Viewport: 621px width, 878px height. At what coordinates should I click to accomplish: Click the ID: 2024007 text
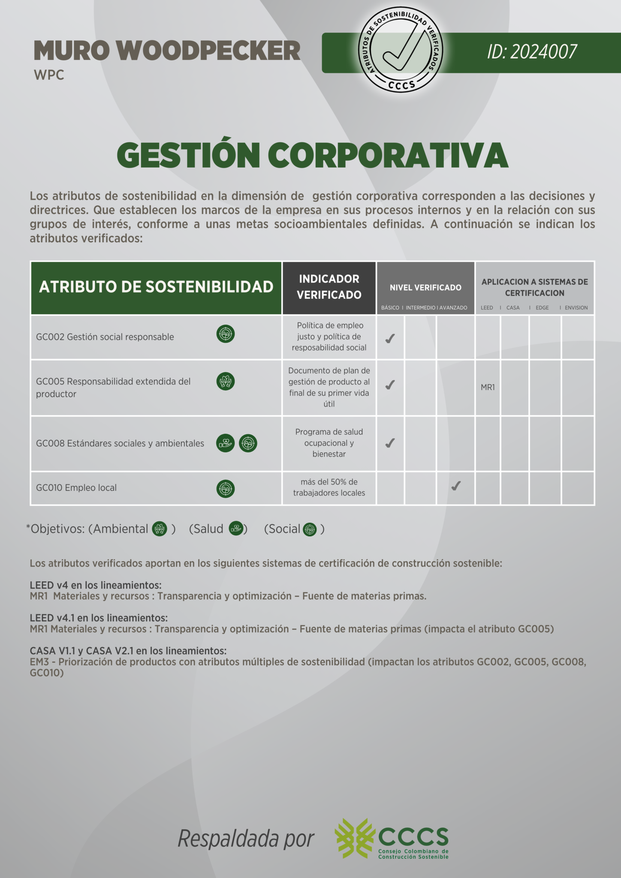(532, 52)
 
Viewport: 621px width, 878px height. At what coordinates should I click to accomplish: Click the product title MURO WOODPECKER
(167, 51)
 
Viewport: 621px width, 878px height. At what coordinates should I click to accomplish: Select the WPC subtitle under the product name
(49, 75)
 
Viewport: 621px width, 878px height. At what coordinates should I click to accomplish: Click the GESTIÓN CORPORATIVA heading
(312, 155)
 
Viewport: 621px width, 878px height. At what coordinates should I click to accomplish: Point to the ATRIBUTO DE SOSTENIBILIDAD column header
(156, 287)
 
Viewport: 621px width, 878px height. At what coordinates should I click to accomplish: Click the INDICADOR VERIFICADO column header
(329, 287)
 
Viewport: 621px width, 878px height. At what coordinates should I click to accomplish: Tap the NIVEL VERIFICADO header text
(425, 288)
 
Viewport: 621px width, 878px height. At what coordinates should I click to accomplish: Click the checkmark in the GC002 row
(390, 339)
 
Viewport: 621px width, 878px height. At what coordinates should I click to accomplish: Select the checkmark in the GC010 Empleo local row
(456, 486)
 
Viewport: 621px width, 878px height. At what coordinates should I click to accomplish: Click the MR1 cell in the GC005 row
(488, 388)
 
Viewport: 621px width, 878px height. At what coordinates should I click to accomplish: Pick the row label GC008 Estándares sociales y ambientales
(120, 443)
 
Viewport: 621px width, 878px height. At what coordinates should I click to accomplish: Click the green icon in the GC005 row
(226, 381)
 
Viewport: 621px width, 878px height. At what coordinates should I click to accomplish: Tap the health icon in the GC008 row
(225, 443)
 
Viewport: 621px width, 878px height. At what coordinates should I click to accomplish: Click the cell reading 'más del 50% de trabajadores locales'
(329, 487)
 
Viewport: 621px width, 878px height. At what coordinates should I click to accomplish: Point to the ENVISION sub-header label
(576, 308)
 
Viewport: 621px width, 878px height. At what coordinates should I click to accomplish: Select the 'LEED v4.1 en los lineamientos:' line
(99, 618)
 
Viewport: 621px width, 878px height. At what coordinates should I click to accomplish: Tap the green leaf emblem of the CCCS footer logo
(354, 838)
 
